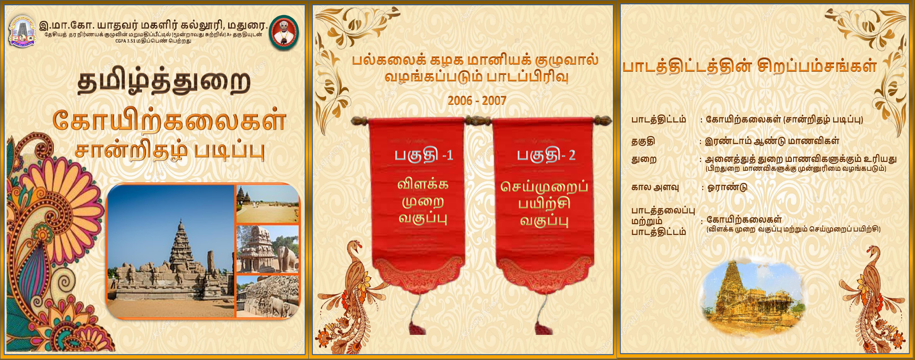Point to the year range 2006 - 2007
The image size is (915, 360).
click(x=477, y=101)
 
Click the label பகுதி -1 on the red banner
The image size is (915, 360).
click(x=424, y=156)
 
